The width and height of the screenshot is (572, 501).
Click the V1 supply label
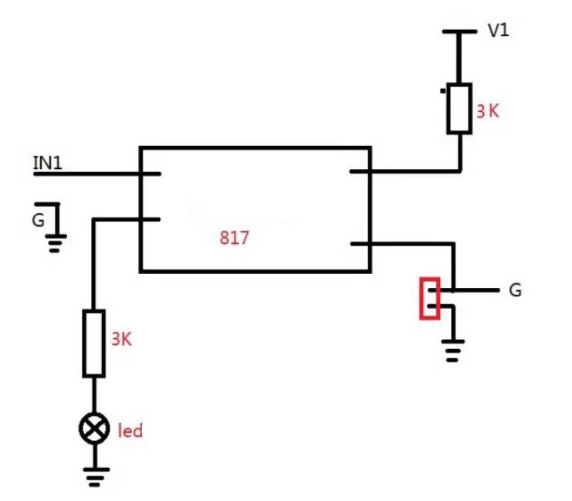click(x=499, y=31)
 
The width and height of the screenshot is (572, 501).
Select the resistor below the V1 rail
click(x=459, y=108)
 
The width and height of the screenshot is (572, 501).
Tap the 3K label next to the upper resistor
click(x=488, y=111)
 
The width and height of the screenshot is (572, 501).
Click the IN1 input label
click(x=48, y=163)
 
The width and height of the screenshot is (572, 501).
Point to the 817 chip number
click(x=235, y=238)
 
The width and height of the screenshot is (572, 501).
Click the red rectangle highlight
click(x=430, y=299)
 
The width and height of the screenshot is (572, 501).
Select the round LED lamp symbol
click(x=94, y=428)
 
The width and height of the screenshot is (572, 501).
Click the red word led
click(x=130, y=431)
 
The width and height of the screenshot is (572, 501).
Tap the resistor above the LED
click(x=93, y=344)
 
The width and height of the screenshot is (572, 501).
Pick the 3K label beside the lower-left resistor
click(x=121, y=339)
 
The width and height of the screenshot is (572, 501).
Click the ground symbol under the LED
click(x=96, y=476)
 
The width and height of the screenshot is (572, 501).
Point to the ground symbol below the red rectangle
click(x=452, y=350)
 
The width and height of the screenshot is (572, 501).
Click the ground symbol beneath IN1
click(x=56, y=243)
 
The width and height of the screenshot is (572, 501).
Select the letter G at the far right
click(x=515, y=290)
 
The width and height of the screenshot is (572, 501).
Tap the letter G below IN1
click(x=39, y=220)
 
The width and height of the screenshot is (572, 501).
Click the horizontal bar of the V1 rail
click(x=459, y=32)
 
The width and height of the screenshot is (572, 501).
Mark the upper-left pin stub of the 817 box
click(x=150, y=174)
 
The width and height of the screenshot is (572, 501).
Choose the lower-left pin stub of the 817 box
click(x=150, y=219)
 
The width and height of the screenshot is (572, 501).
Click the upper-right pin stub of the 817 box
click(x=360, y=171)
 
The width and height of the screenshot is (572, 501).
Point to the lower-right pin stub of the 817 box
click(x=360, y=243)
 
